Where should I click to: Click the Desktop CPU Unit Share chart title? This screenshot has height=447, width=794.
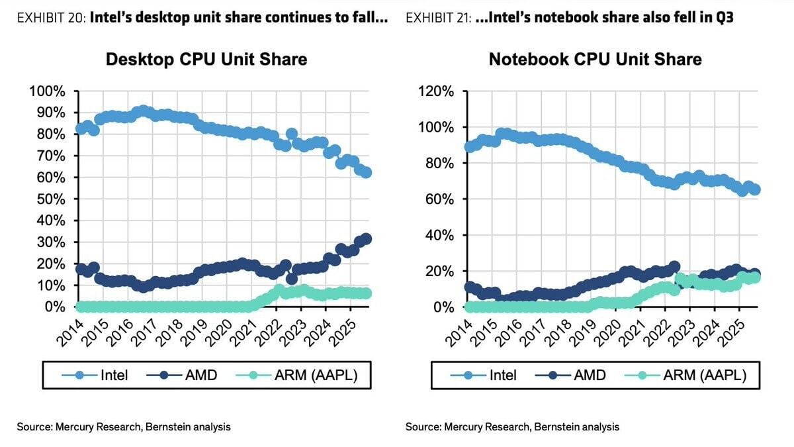(206, 59)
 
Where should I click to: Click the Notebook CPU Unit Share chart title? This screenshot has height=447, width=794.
(595, 59)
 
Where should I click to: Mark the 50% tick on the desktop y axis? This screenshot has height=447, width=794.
(50, 199)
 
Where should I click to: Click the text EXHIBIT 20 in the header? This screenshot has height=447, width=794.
(50, 18)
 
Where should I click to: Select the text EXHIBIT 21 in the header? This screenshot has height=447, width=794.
(437, 18)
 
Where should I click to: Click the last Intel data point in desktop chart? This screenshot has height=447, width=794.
(366, 173)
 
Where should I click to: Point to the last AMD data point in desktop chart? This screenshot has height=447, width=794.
(366, 238)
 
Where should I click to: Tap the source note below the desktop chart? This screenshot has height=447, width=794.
(124, 427)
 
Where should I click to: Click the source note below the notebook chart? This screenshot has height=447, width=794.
(513, 427)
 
